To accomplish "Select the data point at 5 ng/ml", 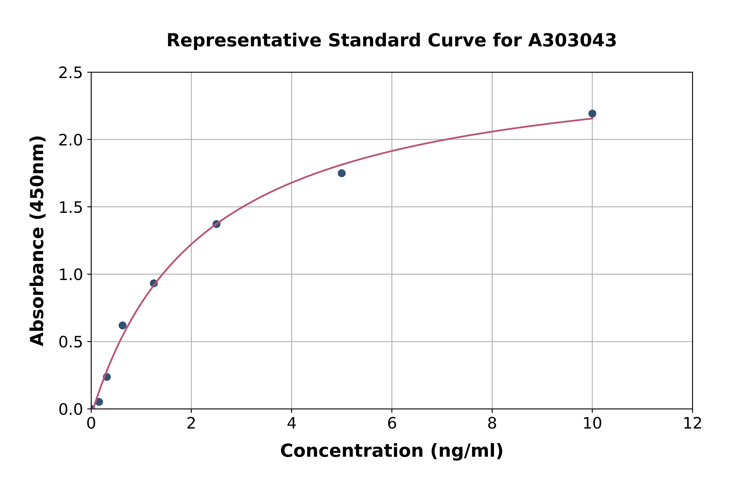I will [x=341, y=173].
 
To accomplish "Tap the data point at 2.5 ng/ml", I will [x=216, y=224].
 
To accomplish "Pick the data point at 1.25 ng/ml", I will [x=154, y=283].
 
